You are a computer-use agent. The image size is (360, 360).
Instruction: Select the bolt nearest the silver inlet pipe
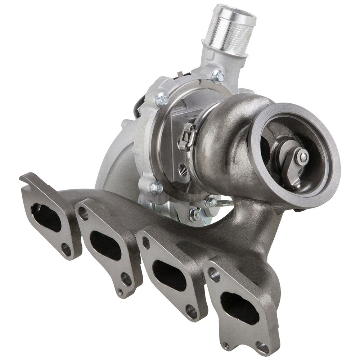(x=218, y=76)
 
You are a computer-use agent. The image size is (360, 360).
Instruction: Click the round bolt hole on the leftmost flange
(x=66, y=248)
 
